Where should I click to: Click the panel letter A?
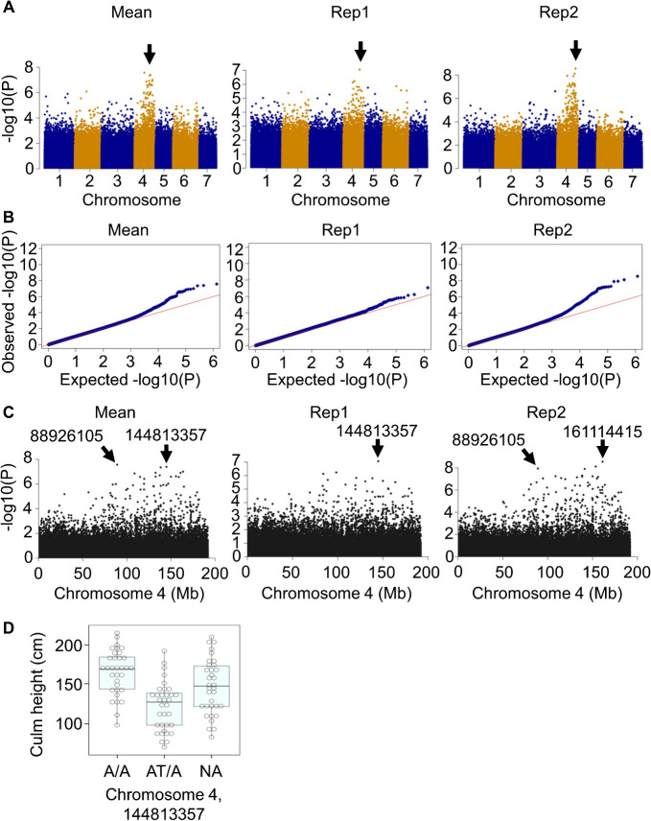(x=9, y=11)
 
